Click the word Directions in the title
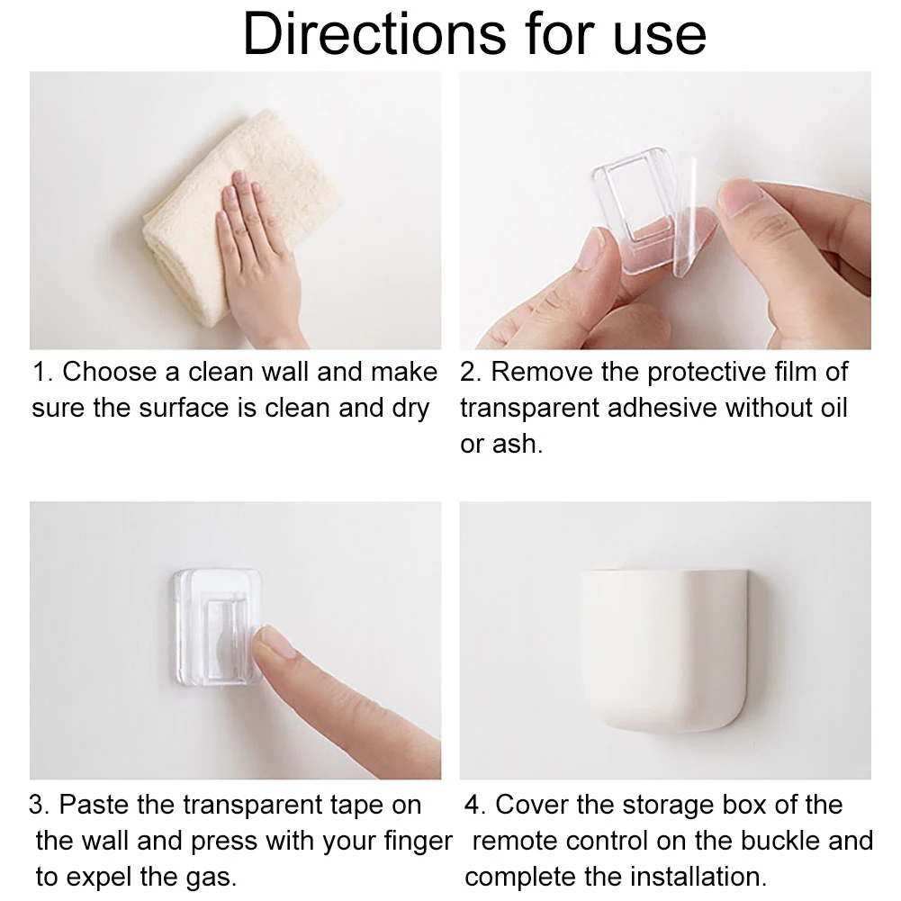click(x=374, y=34)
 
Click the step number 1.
click(x=41, y=372)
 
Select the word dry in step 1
click(x=410, y=410)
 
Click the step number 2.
click(x=470, y=372)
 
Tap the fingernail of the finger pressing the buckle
click(x=277, y=642)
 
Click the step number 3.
click(x=38, y=805)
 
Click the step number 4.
click(x=474, y=805)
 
